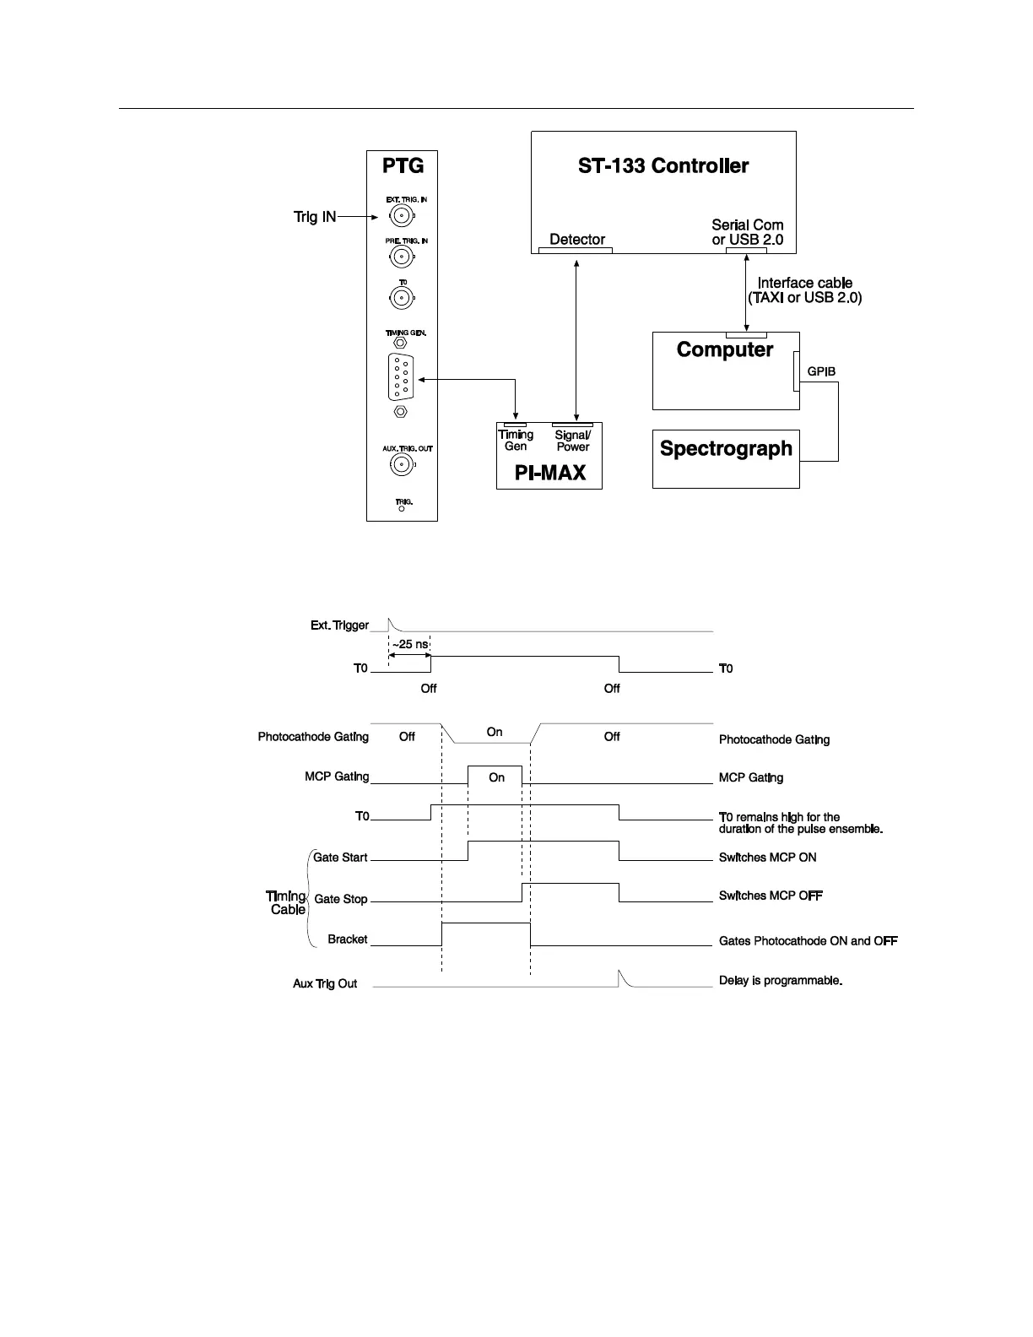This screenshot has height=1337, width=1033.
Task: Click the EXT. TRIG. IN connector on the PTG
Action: coord(401,218)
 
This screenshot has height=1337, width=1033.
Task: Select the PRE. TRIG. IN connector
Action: coord(401,257)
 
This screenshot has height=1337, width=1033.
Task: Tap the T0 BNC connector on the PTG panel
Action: coord(401,297)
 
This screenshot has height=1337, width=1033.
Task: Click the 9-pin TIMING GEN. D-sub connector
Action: coord(401,378)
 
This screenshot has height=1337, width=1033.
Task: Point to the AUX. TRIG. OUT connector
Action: coord(401,464)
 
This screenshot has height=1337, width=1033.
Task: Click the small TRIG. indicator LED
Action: coord(402,508)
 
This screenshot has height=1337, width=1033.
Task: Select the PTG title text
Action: coord(403,165)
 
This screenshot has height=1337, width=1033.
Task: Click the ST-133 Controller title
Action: coord(663,166)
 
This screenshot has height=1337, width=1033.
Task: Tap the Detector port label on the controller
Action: coord(577,240)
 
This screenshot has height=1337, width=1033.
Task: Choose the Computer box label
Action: coord(724,349)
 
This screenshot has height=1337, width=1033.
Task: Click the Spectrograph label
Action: coord(726,448)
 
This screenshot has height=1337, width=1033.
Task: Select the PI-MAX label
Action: coord(549,473)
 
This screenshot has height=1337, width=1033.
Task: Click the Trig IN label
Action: coord(315,218)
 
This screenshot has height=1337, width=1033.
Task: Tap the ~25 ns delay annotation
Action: coord(411,645)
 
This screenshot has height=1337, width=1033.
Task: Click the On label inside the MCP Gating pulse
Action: coord(497,777)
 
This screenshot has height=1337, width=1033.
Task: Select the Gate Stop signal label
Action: coord(341,899)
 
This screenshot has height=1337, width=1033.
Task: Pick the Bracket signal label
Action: coord(348,939)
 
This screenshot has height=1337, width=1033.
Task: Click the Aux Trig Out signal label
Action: coord(325,984)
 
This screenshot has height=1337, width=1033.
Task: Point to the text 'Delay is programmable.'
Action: coord(781,981)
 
